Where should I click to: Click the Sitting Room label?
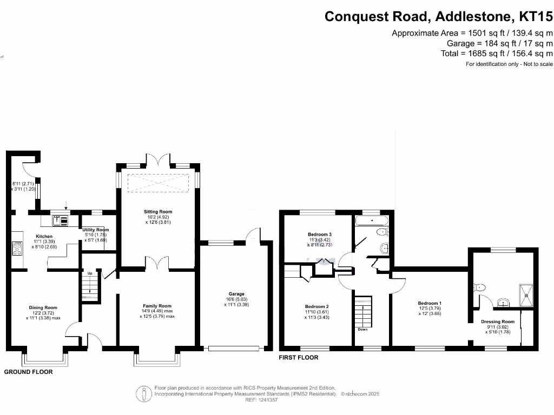point(158,212)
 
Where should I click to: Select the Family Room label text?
point(157,306)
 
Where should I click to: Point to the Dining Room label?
point(43,308)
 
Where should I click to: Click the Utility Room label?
point(96,230)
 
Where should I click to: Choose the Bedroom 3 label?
point(319,235)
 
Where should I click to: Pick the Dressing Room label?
point(498,322)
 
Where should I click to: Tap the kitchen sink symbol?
point(60,220)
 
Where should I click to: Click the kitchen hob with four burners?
point(17,249)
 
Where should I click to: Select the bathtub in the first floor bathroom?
point(371,220)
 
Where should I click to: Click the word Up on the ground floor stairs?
point(90,273)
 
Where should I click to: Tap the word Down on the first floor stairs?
point(362,329)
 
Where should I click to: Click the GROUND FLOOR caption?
point(29,372)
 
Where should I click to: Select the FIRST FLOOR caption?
point(299,358)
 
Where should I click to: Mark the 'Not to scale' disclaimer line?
point(509,64)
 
